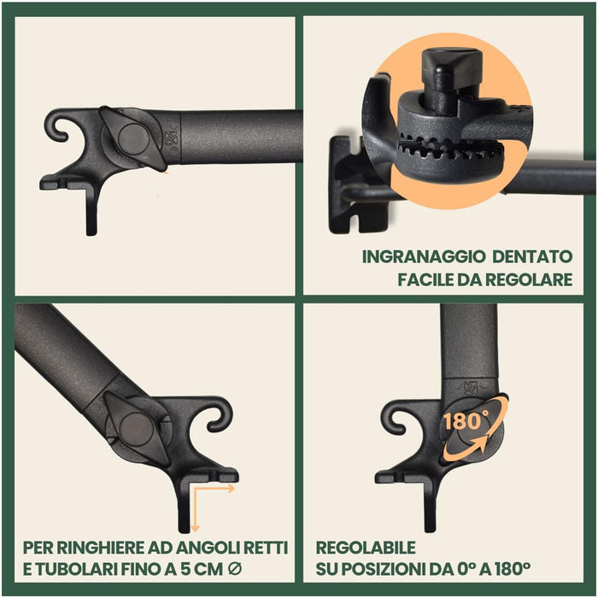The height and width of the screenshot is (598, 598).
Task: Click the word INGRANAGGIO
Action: click(x=423, y=256)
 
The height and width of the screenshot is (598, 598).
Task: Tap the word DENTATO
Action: click(x=532, y=256)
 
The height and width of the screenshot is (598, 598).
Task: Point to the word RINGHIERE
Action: click(x=100, y=548)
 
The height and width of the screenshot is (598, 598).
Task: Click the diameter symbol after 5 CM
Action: click(x=234, y=570)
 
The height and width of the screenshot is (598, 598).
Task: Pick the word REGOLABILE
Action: click(x=366, y=548)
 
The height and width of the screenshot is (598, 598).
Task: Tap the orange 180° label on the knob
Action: click(x=466, y=421)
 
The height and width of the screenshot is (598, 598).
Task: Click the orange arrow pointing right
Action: click(x=214, y=489)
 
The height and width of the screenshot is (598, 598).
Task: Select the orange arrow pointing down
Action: click(x=195, y=509)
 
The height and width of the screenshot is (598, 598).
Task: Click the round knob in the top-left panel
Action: click(x=132, y=138)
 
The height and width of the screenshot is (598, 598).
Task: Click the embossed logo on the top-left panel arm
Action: click(x=171, y=138)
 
